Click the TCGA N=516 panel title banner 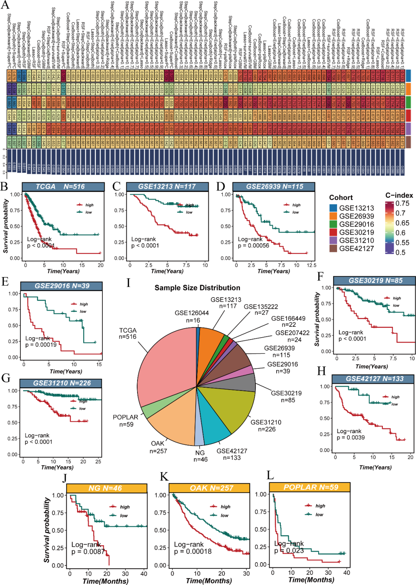63,187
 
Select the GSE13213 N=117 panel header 167,187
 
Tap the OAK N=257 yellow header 211,488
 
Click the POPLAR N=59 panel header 310,487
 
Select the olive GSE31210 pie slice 227,408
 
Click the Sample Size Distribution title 197,288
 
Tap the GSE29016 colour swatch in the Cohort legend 333,224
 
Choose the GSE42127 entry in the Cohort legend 356,249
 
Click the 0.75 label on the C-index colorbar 403,203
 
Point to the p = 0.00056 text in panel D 253,245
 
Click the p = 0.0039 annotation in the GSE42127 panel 351,437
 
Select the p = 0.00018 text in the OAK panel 193,551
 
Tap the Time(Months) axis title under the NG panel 106,581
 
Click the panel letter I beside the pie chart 128,283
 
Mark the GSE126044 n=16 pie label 191,316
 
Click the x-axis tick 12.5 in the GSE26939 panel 311,265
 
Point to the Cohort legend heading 341,198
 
